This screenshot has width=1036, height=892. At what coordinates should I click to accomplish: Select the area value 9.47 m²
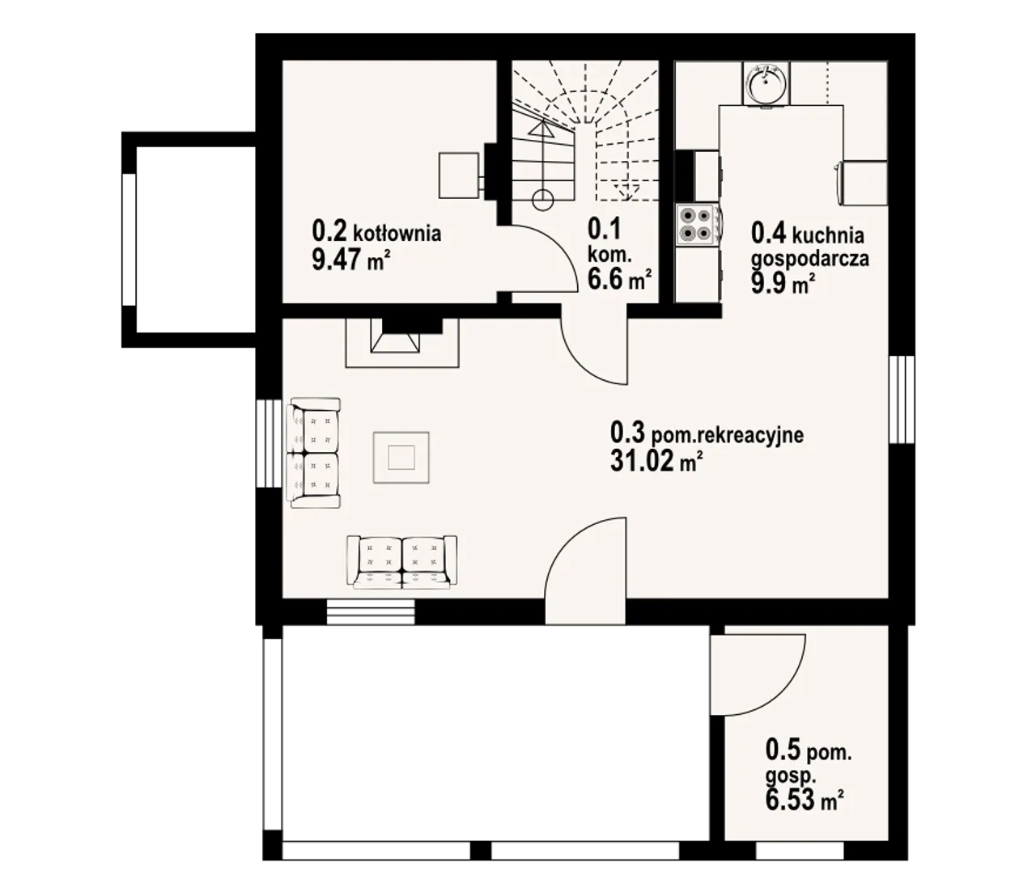tap(350, 260)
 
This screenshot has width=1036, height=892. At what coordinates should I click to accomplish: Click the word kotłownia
tap(397, 234)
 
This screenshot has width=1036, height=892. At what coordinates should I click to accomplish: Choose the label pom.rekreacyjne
tap(727, 435)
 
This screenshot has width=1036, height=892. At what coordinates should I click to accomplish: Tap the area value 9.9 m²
tap(783, 284)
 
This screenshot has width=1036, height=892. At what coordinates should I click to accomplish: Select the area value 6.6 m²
tap(619, 279)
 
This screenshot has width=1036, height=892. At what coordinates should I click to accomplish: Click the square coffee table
tap(401, 457)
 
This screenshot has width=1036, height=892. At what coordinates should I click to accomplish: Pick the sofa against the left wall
tap(313, 454)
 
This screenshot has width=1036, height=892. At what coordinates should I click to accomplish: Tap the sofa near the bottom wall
tap(401, 561)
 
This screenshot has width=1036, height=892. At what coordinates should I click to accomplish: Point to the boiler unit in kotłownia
tap(458, 175)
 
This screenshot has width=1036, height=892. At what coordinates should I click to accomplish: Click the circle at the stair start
tap(542, 201)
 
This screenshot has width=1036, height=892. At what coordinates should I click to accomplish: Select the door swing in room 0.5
tap(757, 674)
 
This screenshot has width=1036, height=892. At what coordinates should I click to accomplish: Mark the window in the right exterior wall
tap(902, 399)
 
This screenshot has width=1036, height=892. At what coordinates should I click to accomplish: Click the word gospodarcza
tap(809, 260)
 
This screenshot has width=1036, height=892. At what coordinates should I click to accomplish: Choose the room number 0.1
tap(605, 229)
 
